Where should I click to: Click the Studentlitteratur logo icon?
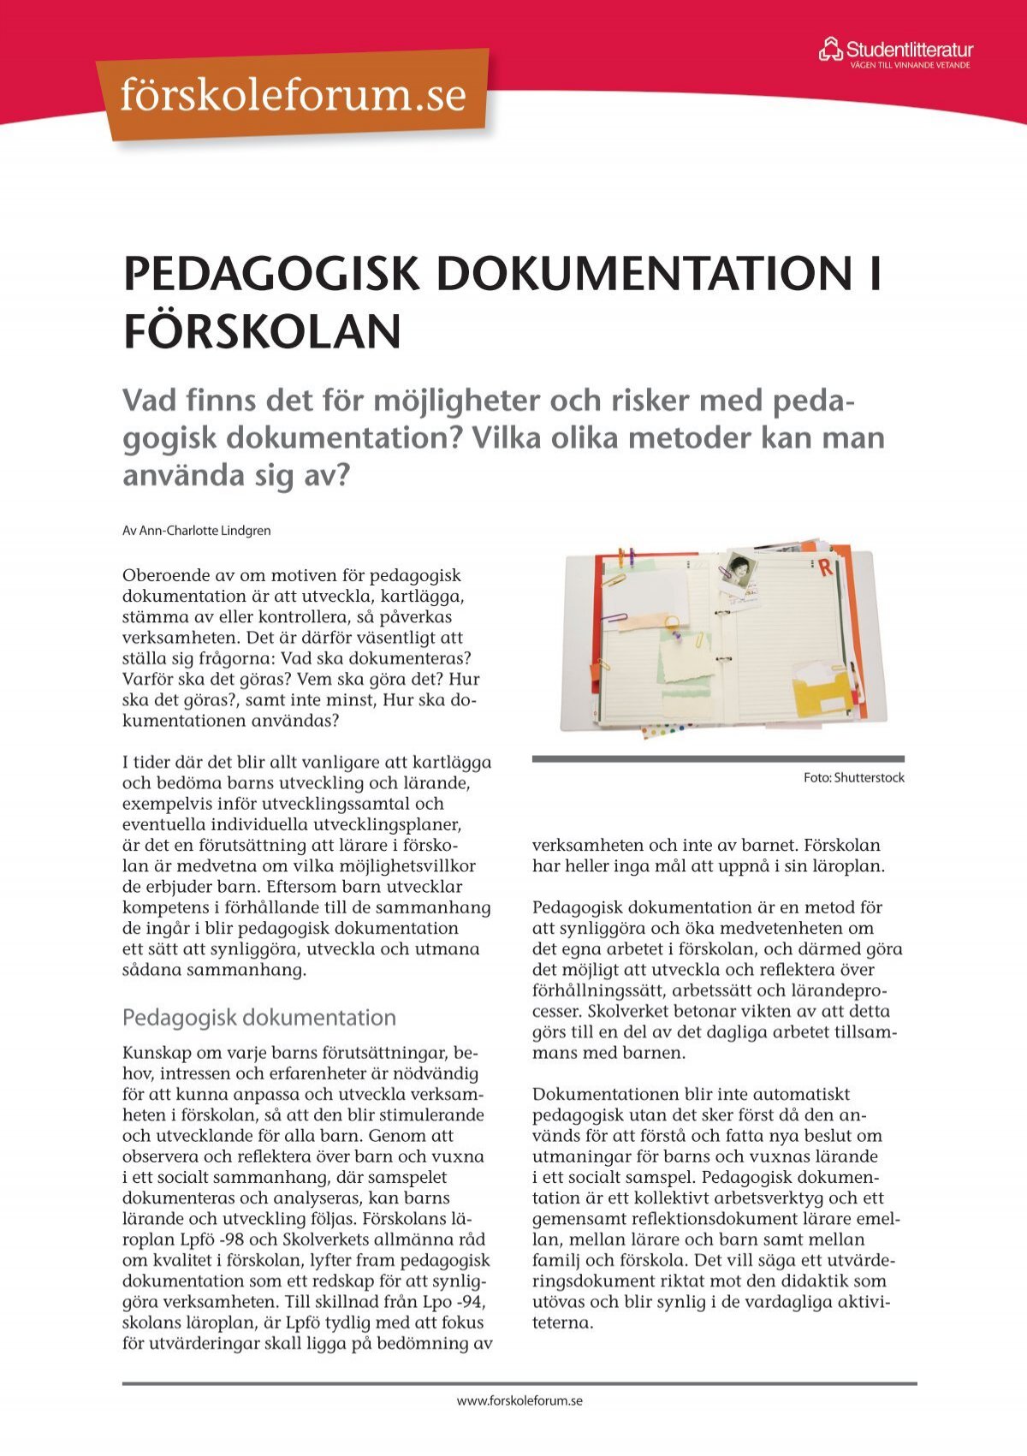point(830,49)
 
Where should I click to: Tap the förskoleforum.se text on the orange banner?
point(294,95)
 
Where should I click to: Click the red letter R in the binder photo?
point(825,567)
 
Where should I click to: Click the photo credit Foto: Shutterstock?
point(853,777)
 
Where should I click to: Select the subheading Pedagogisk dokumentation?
point(258,1017)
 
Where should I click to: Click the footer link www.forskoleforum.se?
point(519,1400)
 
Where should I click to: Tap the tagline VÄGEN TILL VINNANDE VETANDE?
point(909,65)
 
